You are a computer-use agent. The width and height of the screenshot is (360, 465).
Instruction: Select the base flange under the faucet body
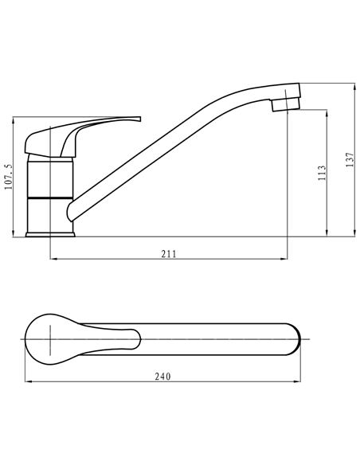[x=51, y=233]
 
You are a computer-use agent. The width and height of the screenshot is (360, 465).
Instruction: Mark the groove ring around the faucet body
[x=51, y=195]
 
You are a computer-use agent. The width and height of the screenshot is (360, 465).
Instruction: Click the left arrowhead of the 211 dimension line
[x=53, y=259]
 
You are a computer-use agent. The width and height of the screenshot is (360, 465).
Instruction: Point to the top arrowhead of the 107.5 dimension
[x=15, y=121]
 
